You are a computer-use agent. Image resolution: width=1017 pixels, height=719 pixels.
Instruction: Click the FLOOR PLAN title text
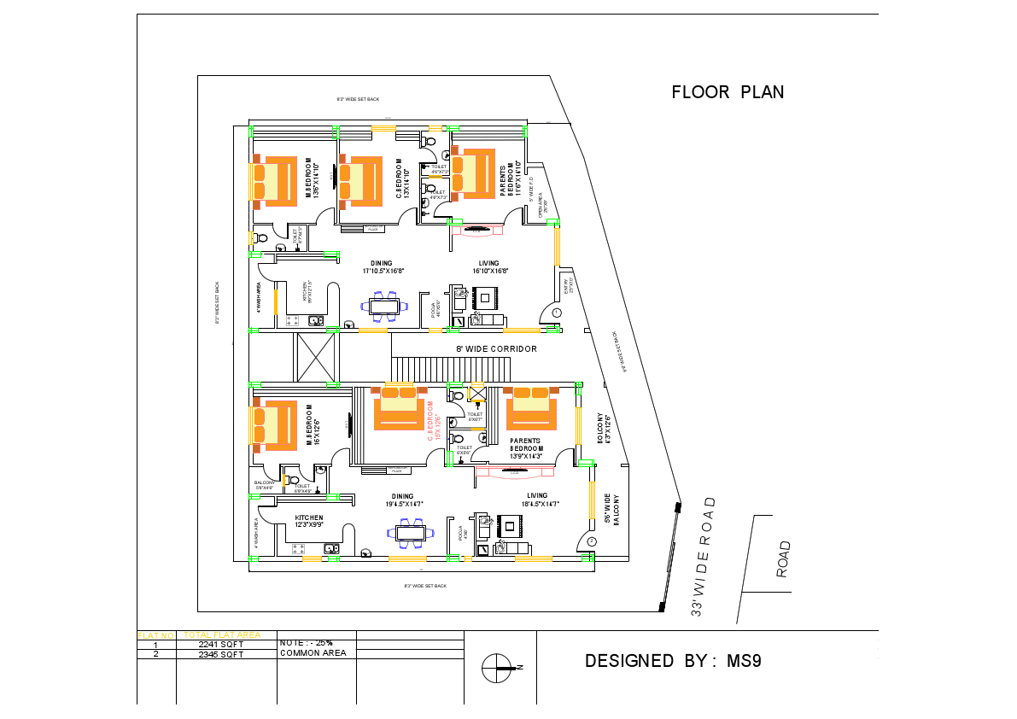click(x=728, y=92)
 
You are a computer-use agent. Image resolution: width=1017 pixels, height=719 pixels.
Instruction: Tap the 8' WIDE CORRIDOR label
click(x=496, y=349)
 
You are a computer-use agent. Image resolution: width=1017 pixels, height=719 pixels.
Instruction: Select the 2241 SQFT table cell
click(x=220, y=645)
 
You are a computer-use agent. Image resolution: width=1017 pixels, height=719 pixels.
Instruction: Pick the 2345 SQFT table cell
click(x=220, y=655)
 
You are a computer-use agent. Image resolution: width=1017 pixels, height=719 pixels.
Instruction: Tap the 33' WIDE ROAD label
click(x=706, y=558)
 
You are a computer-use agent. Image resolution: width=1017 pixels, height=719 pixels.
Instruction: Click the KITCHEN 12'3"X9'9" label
click(x=309, y=522)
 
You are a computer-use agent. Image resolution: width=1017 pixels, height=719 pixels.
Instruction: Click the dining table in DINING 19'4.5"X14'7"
click(x=410, y=533)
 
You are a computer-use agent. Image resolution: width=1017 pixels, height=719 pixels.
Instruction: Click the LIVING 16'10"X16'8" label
click(x=488, y=267)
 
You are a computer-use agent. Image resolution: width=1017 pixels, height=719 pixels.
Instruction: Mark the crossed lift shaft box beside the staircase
click(x=317, y=357)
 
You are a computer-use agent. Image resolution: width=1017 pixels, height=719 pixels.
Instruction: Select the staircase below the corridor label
click(x=451, y=369)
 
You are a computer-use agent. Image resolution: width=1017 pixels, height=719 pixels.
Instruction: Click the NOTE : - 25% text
click(x=306, y=642)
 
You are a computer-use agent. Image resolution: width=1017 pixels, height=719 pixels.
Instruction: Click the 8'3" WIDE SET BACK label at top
click(x=358, y=100)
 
